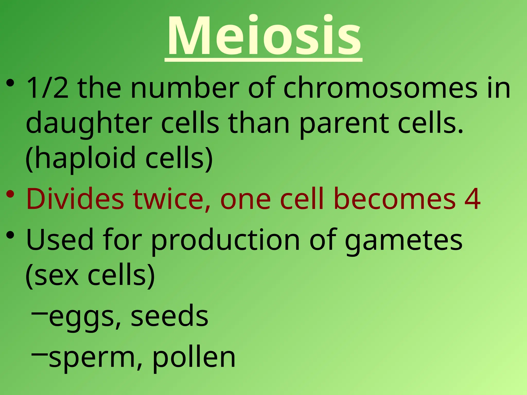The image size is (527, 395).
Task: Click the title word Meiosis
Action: tap(263, 36)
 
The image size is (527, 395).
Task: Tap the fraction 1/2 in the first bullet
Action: tap(48, 88)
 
